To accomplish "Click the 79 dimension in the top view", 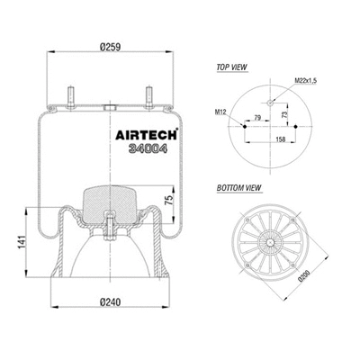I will pyautogui.click(x=258, y=117).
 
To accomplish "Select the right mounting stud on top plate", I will pyautogui.click(x=145, y=95).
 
